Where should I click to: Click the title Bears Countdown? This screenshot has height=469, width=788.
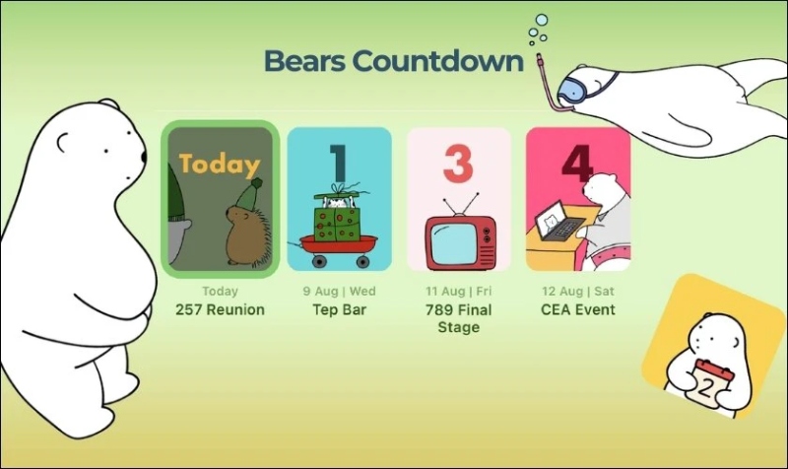coord(393,61)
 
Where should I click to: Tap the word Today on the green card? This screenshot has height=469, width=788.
coord(220,165)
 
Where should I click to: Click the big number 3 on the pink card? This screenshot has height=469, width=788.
coord(458,165)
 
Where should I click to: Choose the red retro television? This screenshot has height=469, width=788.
coord(460,240)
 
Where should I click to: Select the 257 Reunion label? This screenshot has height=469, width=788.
coord(220,310)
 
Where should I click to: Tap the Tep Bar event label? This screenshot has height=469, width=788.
coord(339,310)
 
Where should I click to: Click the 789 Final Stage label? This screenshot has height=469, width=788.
coord(458,318)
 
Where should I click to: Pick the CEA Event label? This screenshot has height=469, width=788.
coord(578,310)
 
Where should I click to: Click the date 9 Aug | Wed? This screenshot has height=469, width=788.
coord(339,292)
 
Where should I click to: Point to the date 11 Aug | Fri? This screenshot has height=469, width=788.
coord(458,292)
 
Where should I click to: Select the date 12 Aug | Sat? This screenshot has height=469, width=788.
coord(578,292)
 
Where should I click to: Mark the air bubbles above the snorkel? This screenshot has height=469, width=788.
coord(538,30)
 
